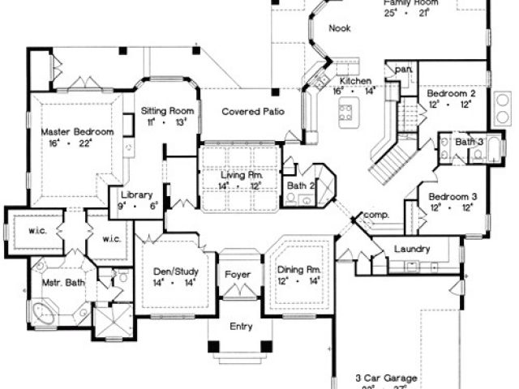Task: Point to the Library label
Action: click(136, 195)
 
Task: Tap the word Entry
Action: click(241, 327)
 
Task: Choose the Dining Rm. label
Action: click(299, 268)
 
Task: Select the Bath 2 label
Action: click(301, 187)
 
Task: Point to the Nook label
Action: click(339, 29)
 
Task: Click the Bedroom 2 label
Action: click(450, 94)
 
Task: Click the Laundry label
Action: click(411, 249)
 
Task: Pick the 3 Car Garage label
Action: click(387, 378)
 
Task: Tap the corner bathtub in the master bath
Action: click(42, 313)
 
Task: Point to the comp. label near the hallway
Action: click(376, 214)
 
